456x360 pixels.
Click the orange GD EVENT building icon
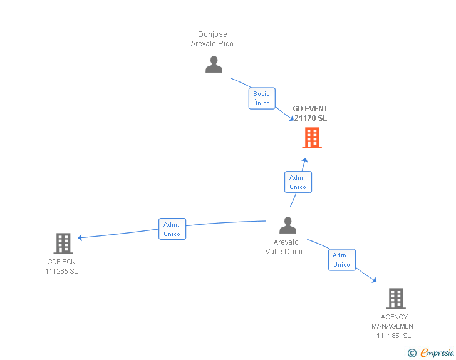pyautogui.click(x=312, y=138)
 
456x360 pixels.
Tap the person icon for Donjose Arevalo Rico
pyautogui.click(x=214, y=64)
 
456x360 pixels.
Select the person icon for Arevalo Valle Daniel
pyautogui.click(x=288, y=225)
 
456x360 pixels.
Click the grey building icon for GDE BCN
pyautogui.click(x=63, y=243)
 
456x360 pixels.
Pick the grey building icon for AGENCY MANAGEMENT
pyautogui.click(x=395, y=299)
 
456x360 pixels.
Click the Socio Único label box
pyautogui.click(x=262, y=98)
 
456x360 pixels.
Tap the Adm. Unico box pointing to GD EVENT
pyautogui.click(x=298, y=182)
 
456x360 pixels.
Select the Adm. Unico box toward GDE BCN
pyautogui.click(x=172, y=229)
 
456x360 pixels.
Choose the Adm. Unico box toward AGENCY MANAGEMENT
pyautogui.click(x=341, y=260)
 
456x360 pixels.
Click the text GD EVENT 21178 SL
pyautogui.click(x=310, y=113)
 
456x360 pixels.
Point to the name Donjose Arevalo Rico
pyautogui.click(x=212, y=39)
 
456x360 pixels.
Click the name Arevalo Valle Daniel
pyautogui.click(x=286, y=247)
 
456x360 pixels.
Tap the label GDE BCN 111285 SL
pyautogui.click(x=61, y=266)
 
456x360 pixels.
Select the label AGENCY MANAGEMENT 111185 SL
pyautogui.click(x=394, y=326)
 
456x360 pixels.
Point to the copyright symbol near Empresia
pyautogui.click(x=412, y=352)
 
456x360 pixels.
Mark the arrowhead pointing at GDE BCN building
pyautogui.click(x=80, y=237)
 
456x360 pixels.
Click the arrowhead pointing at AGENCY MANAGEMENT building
pyautogui.click(x=375, y=281)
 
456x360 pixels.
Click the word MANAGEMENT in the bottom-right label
pyautogui.click(x=394, y=326)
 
